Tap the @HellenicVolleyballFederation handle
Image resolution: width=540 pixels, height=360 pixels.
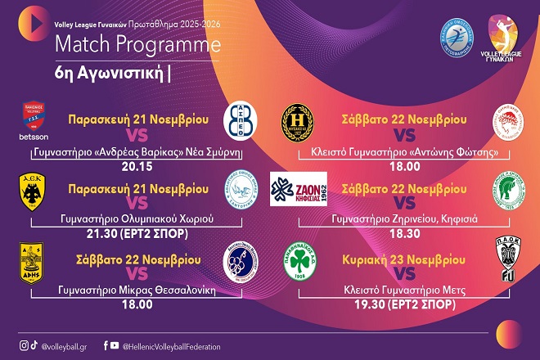pyautogui.click(x=171, y=347)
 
